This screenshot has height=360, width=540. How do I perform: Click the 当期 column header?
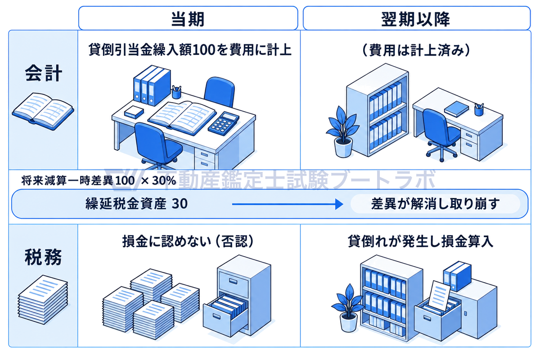188,18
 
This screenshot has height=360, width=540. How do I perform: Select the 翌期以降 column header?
416,18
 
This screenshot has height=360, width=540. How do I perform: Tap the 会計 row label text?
43,73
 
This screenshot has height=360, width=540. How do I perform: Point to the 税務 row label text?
43,257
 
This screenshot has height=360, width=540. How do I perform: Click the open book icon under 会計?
43,111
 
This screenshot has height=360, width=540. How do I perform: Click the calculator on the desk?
224,123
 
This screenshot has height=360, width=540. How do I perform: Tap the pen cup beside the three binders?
176,92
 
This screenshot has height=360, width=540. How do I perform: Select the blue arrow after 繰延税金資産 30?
288,204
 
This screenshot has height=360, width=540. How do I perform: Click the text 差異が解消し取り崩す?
436,204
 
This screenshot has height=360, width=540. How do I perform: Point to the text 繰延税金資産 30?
136,204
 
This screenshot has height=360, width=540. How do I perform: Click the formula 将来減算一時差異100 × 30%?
99,180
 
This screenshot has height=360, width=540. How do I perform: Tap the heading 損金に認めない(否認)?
188,241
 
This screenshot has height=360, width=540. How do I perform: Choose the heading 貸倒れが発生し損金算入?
420,241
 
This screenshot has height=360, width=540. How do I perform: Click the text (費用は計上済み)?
416,50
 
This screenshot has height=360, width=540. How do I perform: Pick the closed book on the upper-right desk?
456,109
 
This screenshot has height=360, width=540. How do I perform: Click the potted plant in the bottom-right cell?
348,308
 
